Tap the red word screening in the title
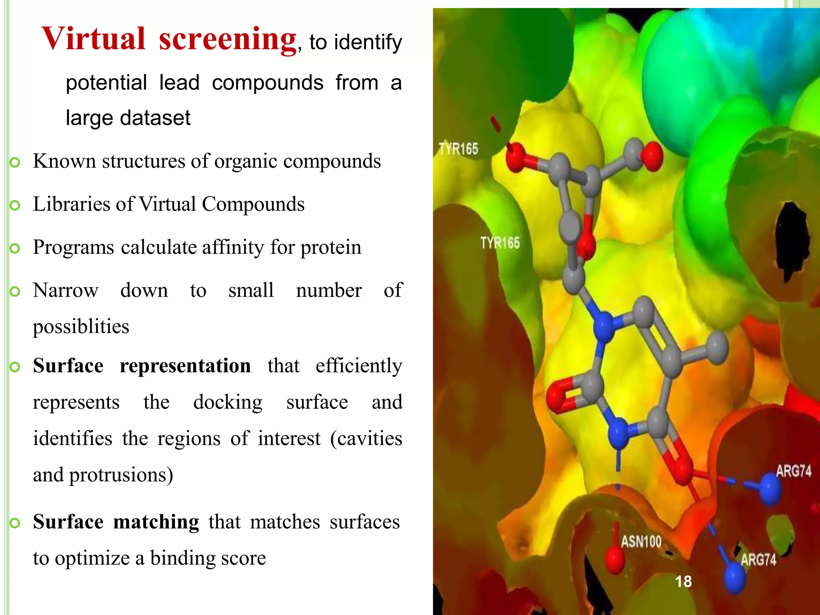pyautogui.click(x=227, y=40)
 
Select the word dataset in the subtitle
pyautogui.click(x=157, y=118)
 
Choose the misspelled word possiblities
pyautogui.click(x=81, y=327)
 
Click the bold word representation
pyautogui.click(x=185, y=366)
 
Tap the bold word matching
pyautogui.click(x=156, y=522)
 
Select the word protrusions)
pyautogui.click(x=121, y=475)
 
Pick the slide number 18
pyautogui.click(x=683, y=581)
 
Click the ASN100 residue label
pyautogui.click(x=641, y=542)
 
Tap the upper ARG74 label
pyautogui.click(x=793, y=471)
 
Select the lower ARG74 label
pyautogui.click(x=758, y=559)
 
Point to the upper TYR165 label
pyautogui.click(x=458, y=149)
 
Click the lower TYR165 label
pyautogui.click(x=500, y=243)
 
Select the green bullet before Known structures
pyautogui.click(x=15, y=162)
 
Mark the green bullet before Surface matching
pyautogui.click(x=15, y=523)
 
